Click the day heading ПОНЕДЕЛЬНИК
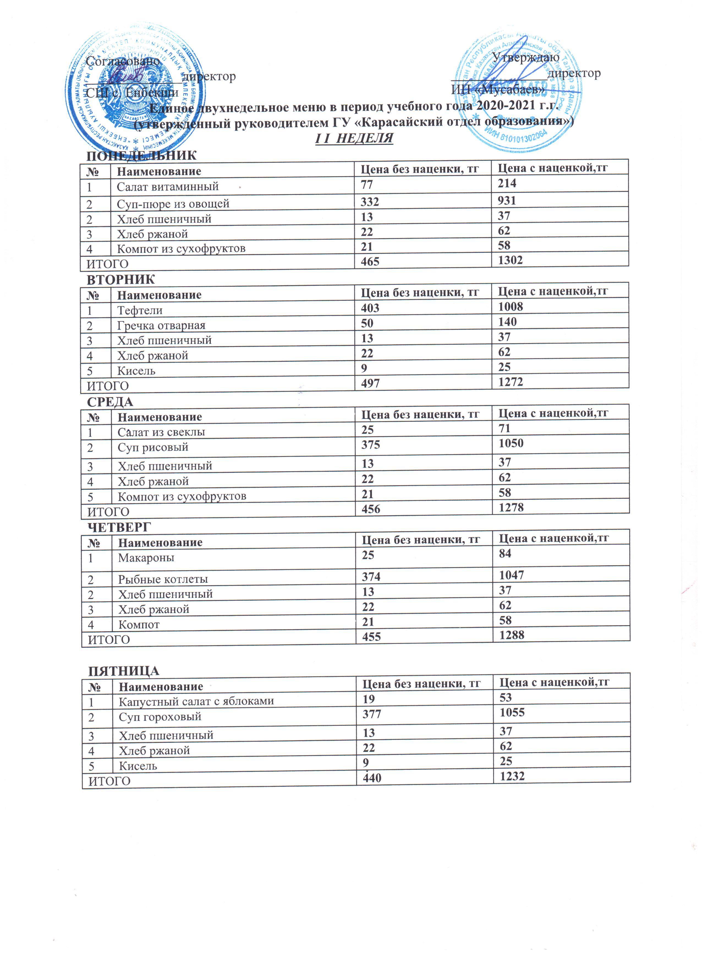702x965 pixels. tap(141, 155)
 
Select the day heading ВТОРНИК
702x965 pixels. tap(121, 280)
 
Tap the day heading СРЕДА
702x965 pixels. tap(110, 402)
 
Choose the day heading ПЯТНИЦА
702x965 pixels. tap(124, 671)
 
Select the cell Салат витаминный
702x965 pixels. tap(168, 186)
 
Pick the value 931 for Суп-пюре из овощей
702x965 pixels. tap(507, 200)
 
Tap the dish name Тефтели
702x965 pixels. tap(140, 310)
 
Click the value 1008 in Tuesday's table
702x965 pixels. tap(511, 307)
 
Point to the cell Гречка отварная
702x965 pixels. tap(161, 326)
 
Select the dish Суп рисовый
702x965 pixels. tap(153, 447)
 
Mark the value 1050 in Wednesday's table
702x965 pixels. tap(511, 443)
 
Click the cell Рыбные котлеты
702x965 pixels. tap(163, 579)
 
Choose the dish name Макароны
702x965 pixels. tap(146, 557)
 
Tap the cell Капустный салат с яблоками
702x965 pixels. tap(196, 701)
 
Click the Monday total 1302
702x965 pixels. tap(510, 260)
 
